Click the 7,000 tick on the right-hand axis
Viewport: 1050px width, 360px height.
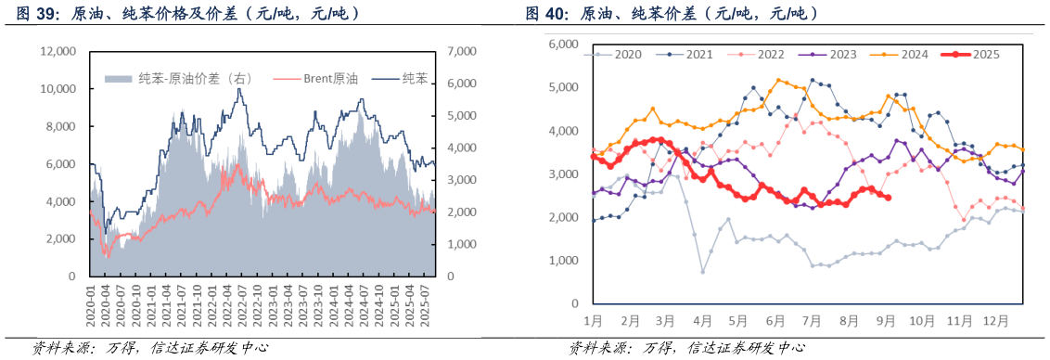pos(463,52)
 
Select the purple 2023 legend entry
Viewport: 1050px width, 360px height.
pos(842,55)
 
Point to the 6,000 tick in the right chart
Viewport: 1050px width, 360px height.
pos(563,45)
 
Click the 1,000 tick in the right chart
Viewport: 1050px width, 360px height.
pos(563,261)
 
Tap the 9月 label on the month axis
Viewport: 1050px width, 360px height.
pos(885,321)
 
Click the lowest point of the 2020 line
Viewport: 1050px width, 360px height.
pos(702,272)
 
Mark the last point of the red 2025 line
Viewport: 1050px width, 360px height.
pos(889,197)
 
